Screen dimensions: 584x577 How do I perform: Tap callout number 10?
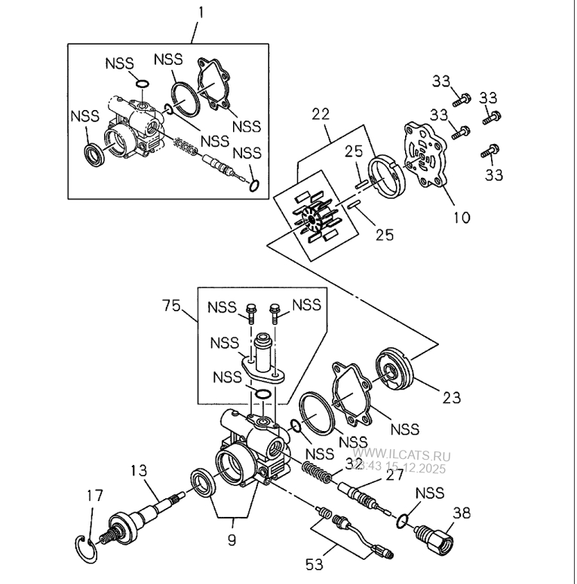462,218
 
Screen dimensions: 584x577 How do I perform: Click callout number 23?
453,396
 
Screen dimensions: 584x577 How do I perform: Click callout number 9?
232,540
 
